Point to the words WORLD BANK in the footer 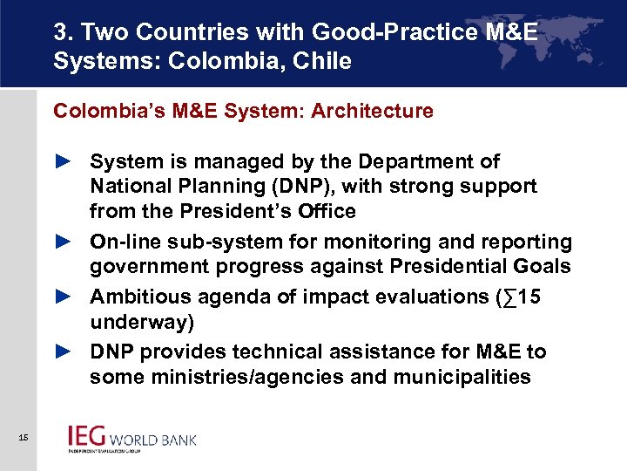pos(157,439)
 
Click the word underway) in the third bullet pos(142,323)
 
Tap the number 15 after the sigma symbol pos(529,297)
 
